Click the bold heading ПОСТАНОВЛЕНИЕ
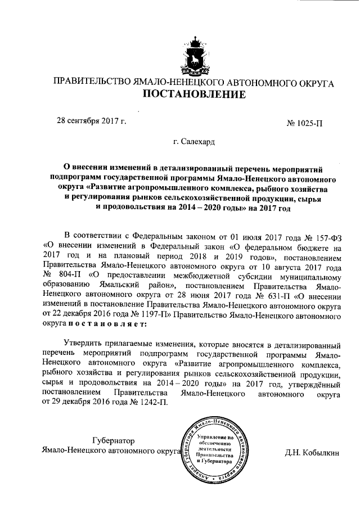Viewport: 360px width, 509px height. click(193, 94)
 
